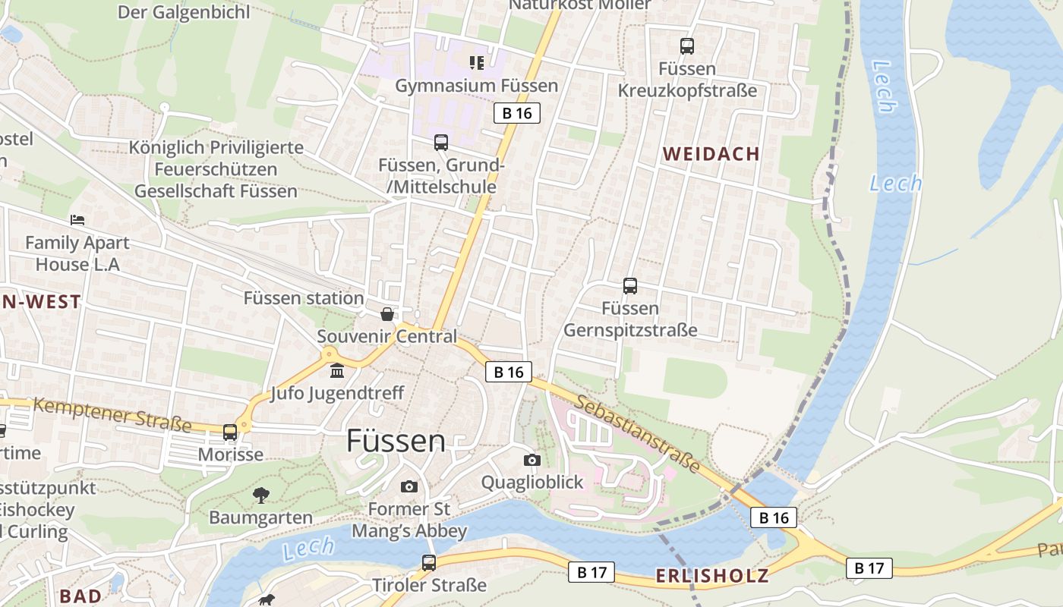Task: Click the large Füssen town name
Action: click(x=396, y=441)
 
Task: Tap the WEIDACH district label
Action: click(x=711, y=154)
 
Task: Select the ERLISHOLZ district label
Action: click(x=712, y=575)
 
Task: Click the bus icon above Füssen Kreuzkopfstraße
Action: click(x=687, y=46)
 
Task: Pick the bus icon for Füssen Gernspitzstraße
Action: click(x=630, y=286)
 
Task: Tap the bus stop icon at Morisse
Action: click(x=230, y=432)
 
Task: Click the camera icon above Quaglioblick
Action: click(x=532, y=460)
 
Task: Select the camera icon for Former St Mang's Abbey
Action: click(x=409, y=486)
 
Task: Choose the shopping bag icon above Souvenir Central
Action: click(x=387, y=314)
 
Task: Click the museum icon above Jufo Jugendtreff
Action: click(x=337, y=371)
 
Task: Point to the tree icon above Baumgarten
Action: click(x=261, y=495)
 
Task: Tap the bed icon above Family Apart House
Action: click(x=77, y=220)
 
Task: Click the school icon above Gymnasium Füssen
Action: click(x=477, y=62)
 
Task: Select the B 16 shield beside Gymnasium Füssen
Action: click(x=517, y=113)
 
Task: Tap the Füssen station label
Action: click(x=303, y=298)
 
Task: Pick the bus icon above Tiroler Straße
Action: click(x=429, y=563)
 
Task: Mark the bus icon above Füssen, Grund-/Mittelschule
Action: click(x=441, y=143)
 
